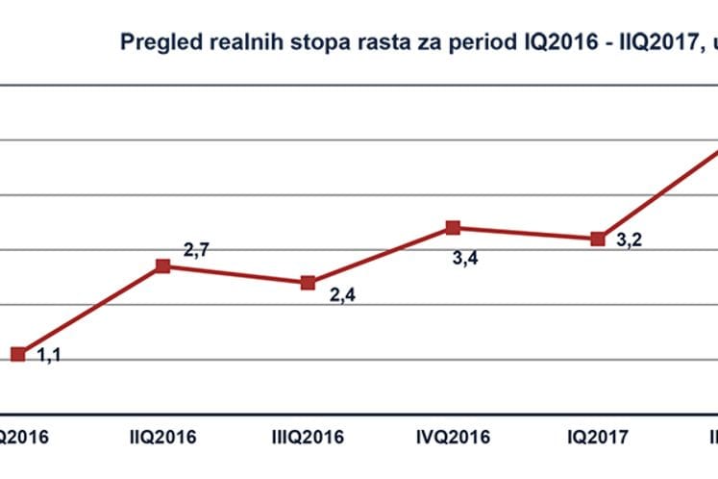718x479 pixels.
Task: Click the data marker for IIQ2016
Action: pos(162,265)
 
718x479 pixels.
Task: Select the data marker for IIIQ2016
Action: pos(308,283)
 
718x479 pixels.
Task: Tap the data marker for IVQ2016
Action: pos(453,228)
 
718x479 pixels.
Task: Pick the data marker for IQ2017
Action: pos(598,239)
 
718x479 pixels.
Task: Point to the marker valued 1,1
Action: pos(17,354)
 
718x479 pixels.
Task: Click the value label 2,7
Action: pos(196,251)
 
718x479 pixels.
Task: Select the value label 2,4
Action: pos(341,296)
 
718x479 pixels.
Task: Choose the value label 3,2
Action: pos(630,239)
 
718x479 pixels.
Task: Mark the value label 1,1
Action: pos(49,356)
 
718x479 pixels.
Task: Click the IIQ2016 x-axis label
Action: pos(162,437)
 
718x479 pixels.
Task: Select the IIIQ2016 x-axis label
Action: pos(308,437)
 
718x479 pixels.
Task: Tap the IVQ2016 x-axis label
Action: pos(453,437)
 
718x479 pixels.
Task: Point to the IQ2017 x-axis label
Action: pos(598,437)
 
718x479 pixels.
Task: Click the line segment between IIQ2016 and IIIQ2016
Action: pos(235,274)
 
